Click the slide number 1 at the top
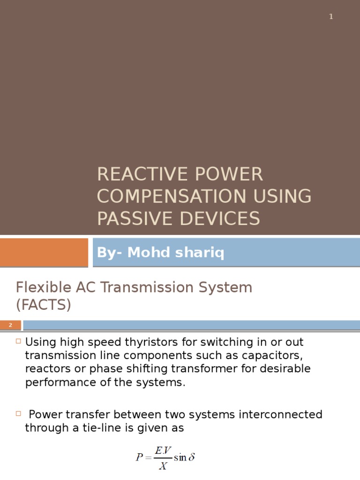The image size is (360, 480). click(331, 17)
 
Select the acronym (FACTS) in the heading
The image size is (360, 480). click(43, 305)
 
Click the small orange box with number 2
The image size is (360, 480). click(10, 325)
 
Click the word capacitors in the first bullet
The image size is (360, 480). click(270, 355)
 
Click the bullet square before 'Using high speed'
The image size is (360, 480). click(18, 341)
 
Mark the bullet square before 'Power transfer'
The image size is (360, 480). click(18, 414)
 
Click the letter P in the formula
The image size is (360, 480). click(139, 457)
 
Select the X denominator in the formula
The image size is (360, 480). click(162, 466)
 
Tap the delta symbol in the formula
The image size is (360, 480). click(191, 457)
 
